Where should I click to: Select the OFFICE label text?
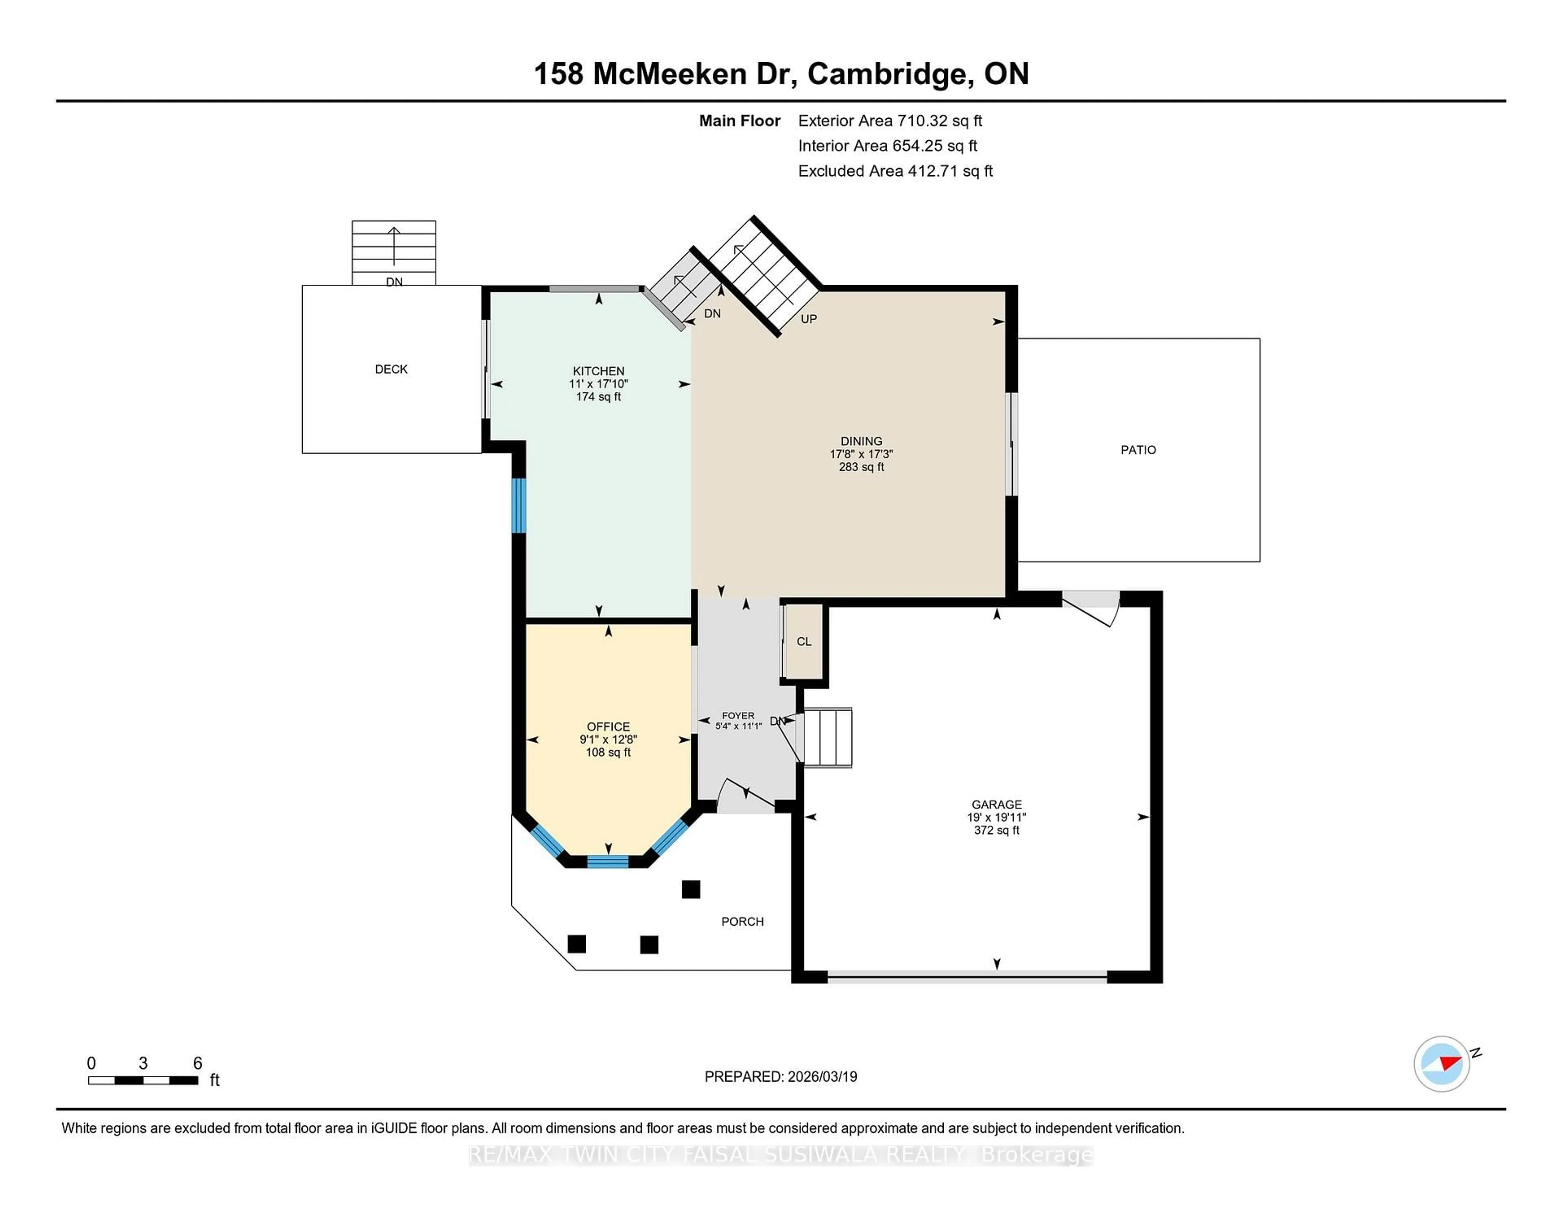tap(608, 726)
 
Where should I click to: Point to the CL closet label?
tap(803, 641)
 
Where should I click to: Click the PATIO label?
tap(1137, 450)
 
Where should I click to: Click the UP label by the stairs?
tap(808, 319)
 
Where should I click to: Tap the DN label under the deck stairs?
tap(394, 282)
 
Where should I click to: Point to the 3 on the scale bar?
tap(143, 1063)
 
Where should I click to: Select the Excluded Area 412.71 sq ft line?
tap(895, 171)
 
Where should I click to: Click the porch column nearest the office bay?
tap(690, 889)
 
